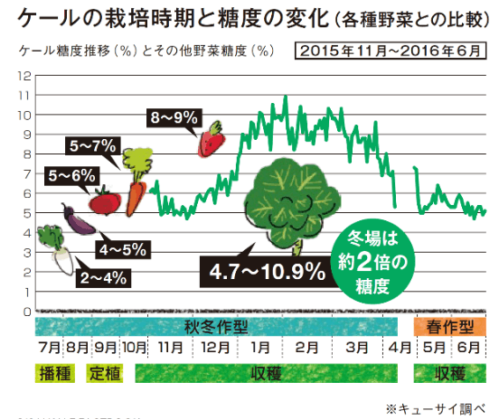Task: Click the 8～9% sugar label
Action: (x=174, y=117)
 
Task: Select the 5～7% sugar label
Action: (x=92, y=144)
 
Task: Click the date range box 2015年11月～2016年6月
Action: (x=391, y=49)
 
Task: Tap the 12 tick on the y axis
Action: (x=24, y=75)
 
